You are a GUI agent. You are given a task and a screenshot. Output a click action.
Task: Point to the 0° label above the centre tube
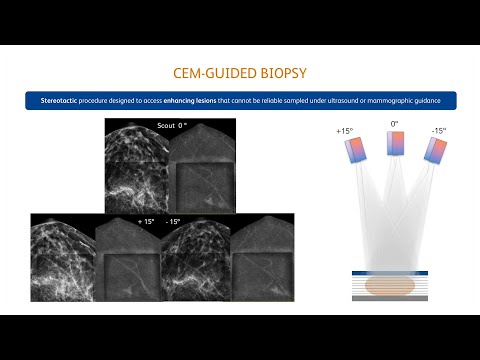click(394, 124)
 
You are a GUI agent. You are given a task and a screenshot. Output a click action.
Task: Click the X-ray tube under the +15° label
click(356, 151)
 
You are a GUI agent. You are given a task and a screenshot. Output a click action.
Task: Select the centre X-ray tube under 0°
click(394, 144)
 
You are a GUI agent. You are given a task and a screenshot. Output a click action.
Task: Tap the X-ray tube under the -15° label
click(434, 150)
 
